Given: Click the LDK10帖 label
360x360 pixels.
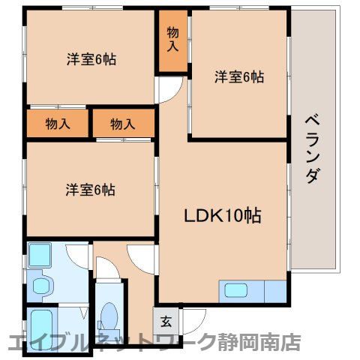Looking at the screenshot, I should tap(223, 215).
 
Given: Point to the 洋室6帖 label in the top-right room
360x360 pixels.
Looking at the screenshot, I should tap(239, 76).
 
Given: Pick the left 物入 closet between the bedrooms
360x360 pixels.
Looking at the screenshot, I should tap(58, 124).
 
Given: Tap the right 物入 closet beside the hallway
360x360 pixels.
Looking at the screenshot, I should tap(123, 124).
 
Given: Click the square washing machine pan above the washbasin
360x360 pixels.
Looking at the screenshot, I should tap(39, 256).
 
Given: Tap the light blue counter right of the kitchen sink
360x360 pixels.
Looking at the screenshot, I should tap(274, 291).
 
